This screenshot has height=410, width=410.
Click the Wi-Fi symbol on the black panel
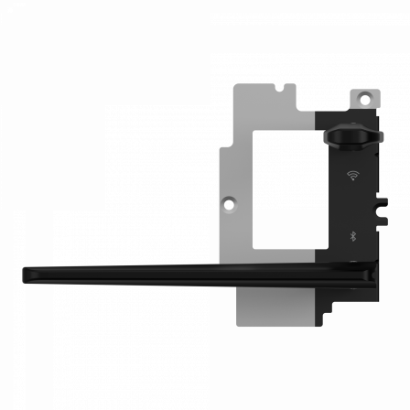tap(352, 172)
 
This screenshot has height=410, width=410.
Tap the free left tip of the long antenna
tap(25, 272)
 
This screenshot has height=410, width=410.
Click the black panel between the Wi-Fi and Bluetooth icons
tap(352, 203)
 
